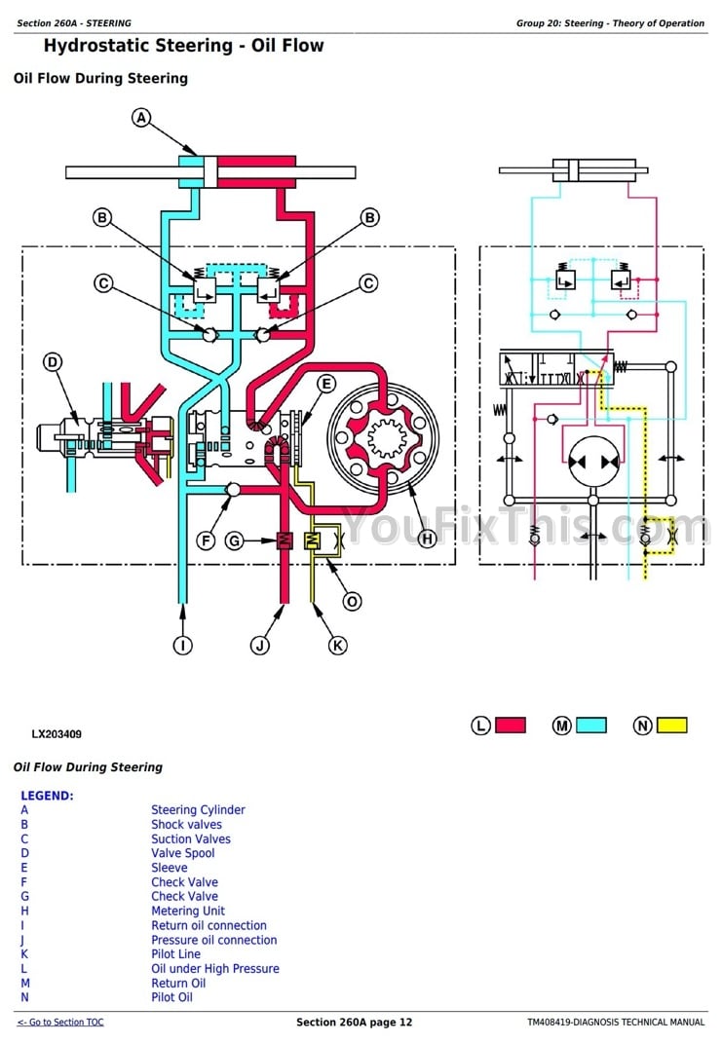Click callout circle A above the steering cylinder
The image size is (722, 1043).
141,118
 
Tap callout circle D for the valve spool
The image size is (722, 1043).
53,362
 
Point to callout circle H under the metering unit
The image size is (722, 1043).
426,538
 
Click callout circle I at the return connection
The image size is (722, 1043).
181,644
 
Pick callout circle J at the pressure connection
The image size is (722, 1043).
259,644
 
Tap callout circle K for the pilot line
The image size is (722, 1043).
336,644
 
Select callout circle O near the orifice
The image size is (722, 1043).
352,601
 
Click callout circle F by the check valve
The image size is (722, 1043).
205,540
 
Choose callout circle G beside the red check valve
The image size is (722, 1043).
234,540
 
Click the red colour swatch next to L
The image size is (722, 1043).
511,726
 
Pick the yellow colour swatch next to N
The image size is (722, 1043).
671,726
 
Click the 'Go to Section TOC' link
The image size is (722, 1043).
60,1022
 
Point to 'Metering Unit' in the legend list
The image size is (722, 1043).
188,911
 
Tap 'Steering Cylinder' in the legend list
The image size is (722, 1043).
198,809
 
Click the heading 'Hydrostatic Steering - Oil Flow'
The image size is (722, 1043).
184,46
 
